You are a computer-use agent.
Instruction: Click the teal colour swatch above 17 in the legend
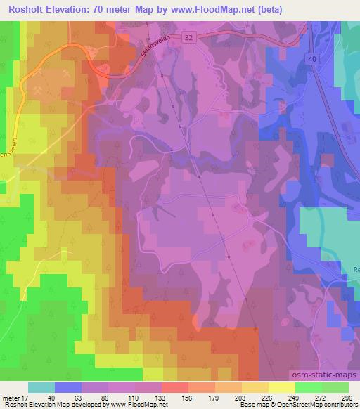pos(41,387)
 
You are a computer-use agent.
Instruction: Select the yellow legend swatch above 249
pos(282,387)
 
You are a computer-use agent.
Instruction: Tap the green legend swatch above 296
pos(335,387)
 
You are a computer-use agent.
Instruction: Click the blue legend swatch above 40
pos(67,387)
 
